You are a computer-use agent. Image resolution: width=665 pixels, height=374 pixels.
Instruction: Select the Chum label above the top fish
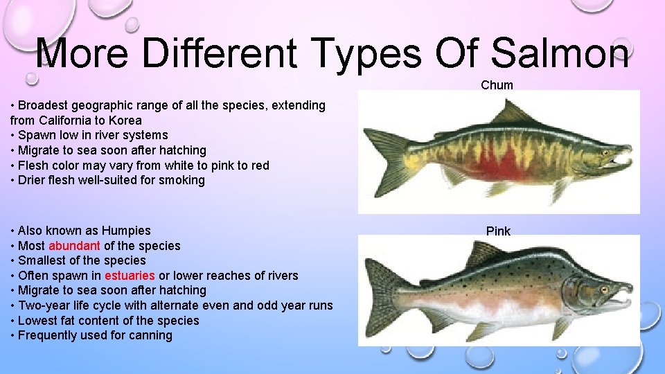coord(497,85)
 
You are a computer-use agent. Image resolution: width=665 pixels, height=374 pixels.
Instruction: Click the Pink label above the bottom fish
coord(498,231)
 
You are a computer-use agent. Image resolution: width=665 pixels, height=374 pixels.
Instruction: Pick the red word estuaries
coord(130,276)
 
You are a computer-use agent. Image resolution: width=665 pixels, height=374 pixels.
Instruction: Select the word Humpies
coord(126,231)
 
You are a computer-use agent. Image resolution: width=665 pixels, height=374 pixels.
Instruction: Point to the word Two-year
coord(43,305)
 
